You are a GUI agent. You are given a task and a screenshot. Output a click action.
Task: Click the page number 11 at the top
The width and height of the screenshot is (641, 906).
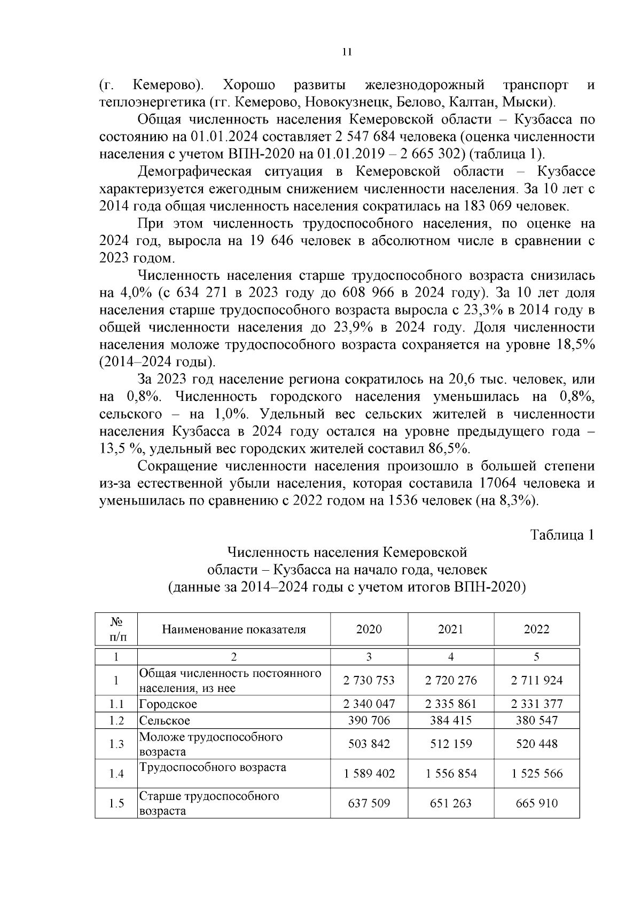347,52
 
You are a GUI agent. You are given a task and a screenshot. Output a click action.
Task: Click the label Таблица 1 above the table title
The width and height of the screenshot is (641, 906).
562,535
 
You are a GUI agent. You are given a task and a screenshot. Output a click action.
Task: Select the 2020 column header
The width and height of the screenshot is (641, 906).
369,629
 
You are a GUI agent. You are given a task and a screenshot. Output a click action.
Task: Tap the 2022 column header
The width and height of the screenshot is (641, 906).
536,629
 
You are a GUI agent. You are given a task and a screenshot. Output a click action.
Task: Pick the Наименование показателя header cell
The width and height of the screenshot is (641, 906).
234,629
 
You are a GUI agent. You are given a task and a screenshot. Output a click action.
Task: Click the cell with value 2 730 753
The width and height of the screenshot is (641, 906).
369,680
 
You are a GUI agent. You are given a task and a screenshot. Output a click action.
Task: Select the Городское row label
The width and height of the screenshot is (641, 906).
168,704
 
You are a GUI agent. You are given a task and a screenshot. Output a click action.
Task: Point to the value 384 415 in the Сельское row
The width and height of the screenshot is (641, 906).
451,720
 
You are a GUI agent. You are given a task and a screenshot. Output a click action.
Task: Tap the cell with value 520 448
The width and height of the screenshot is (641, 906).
536,744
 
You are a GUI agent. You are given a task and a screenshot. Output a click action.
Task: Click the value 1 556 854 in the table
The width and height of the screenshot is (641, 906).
451,774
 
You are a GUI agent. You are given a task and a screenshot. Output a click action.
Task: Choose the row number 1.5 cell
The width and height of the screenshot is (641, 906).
116,803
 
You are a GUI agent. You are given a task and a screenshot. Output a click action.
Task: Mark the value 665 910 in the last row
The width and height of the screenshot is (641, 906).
536,803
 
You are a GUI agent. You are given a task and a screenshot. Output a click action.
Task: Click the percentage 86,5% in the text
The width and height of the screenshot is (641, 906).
450,448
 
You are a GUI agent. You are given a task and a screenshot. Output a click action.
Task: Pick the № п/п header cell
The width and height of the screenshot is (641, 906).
116,629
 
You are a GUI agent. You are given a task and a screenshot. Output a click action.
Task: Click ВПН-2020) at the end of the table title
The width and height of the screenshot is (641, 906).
491,587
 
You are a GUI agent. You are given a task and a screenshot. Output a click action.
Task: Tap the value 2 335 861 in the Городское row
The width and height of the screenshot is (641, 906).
451,704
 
